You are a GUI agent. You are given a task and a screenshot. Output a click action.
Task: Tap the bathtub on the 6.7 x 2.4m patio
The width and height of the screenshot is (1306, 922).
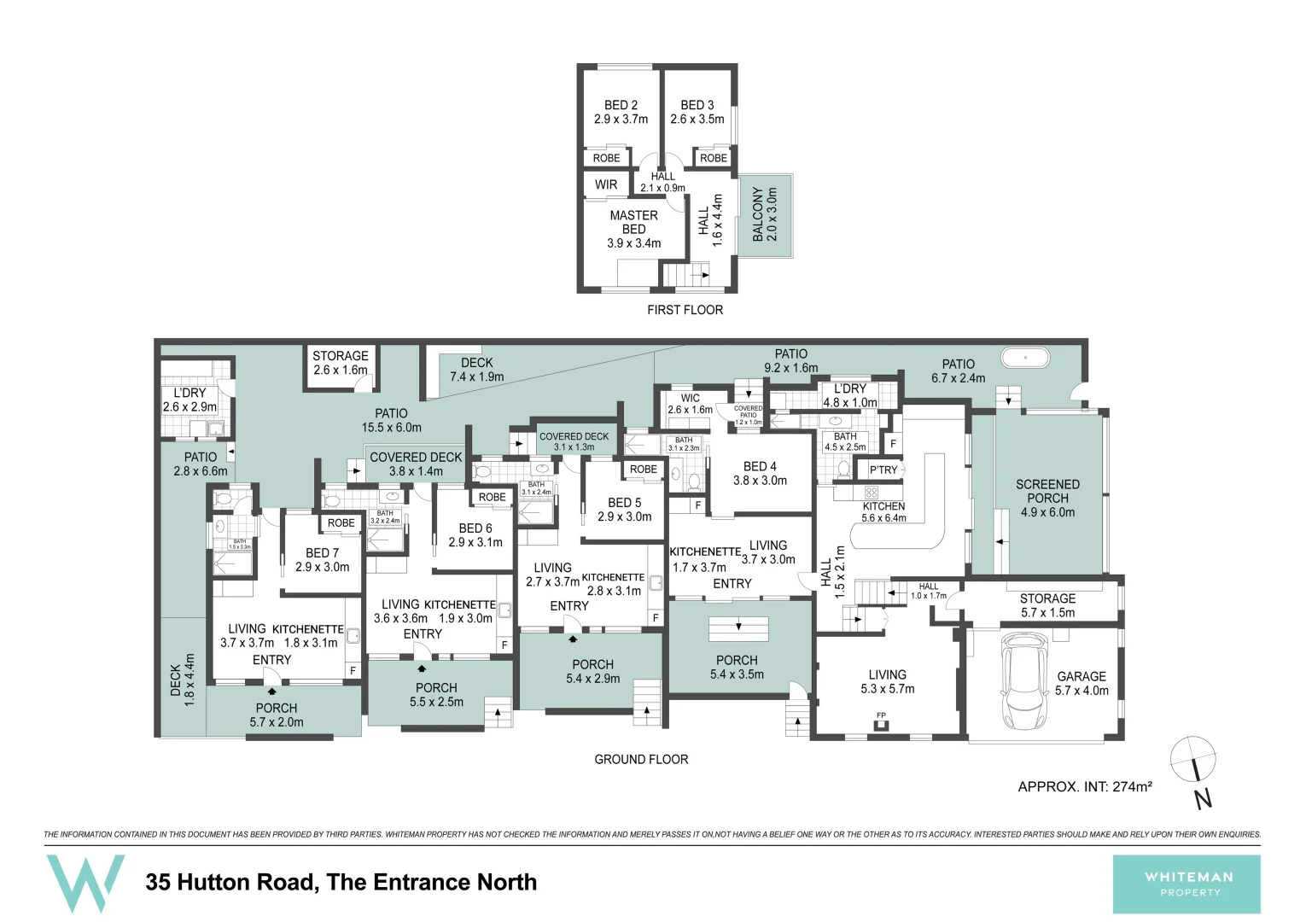(x=1026, y=358)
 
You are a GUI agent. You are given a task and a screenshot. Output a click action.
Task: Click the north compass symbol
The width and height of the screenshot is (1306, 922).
(x=1193, y=760)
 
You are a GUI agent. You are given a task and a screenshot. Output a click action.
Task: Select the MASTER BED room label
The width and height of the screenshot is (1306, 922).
(x=633, y=229)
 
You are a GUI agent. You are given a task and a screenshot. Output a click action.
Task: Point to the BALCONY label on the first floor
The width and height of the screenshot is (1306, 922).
(x=764, y=214)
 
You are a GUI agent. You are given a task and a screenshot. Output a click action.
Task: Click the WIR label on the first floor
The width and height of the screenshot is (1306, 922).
(x=606, y=184)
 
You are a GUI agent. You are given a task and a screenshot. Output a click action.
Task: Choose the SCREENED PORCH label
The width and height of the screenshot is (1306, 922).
(x=1047, y=498)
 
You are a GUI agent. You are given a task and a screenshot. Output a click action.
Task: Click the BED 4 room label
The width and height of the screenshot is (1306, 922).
(x=760, y=473)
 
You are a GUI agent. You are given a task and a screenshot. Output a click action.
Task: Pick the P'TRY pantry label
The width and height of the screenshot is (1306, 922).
(x=883, y=470)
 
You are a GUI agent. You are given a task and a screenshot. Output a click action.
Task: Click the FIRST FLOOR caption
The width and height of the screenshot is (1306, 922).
(x=685, y=310)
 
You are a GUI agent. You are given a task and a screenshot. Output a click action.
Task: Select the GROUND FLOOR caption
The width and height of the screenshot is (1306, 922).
(x=641, y=759)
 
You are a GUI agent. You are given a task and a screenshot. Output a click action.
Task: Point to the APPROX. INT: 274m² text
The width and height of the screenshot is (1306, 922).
(x=1085, y=786)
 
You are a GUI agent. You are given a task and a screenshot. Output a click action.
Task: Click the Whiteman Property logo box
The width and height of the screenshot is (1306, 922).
(x=1186, y=884)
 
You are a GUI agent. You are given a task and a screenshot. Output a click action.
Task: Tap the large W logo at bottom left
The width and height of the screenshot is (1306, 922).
(x=85, y=882)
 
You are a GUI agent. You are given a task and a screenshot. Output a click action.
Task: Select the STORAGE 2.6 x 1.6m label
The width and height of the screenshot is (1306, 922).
(x=340, y=363)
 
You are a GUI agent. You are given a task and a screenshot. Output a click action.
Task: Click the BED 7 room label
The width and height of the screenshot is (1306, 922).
(x=322, y=560)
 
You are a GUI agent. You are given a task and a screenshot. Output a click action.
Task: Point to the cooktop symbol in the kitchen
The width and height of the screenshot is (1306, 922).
(x=871, y=493)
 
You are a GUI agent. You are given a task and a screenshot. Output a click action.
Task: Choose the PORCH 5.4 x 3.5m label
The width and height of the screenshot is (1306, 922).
(x=737, y=667)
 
